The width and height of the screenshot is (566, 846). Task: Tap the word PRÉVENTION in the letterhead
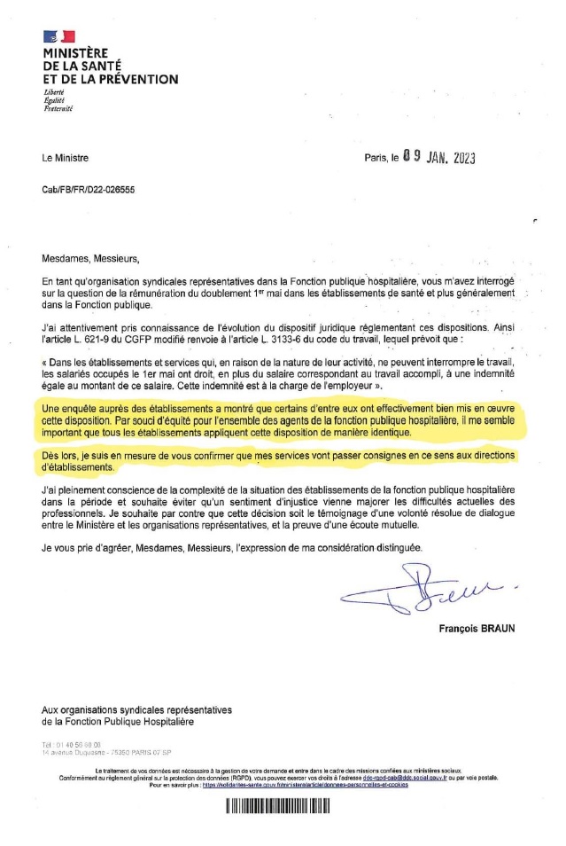pyautogui.click(x=136, y=79)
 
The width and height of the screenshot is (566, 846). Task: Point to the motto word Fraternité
pyautogui.click(x=58, y=107)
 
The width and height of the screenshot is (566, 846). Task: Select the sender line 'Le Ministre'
pyautogui.click(x=65, y=159)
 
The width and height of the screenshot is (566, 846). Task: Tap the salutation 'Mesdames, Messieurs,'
pyautogui.click(x=90, y=260)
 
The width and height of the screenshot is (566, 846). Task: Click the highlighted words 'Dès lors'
pyautogui.click(x=59, y=456)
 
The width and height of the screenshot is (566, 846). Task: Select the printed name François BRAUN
pyautogui.click(x=477, y=630)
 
